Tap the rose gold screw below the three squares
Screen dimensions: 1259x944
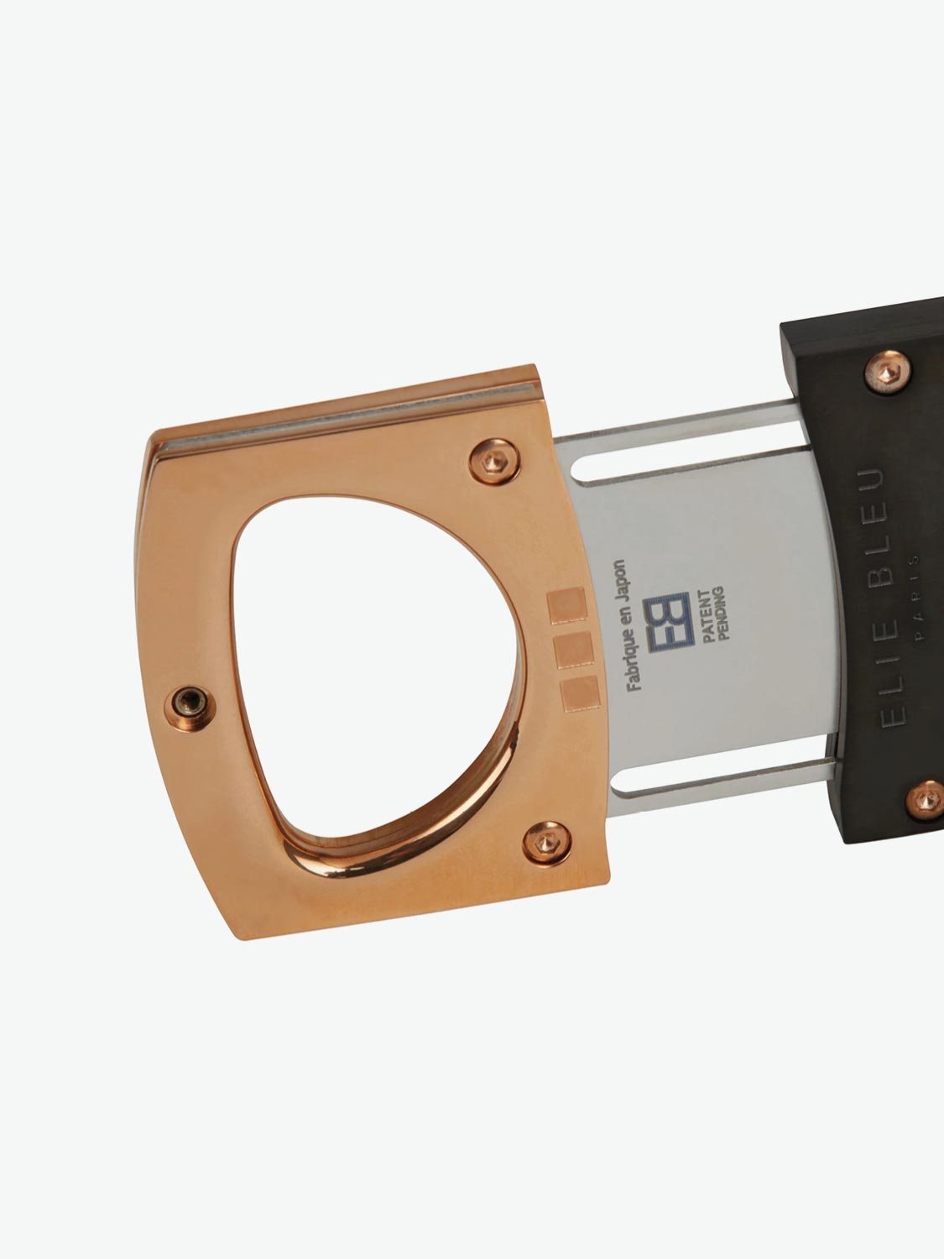tap(545, 841)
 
